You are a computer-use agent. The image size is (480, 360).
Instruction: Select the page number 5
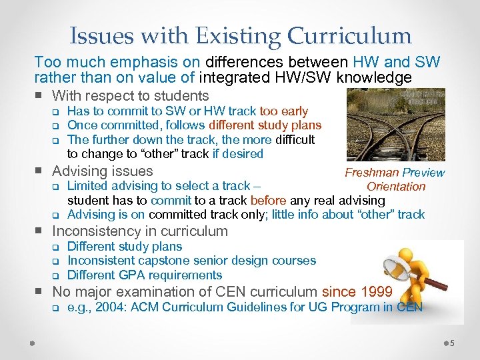[453, 343]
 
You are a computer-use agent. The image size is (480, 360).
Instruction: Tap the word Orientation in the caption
[396, 187]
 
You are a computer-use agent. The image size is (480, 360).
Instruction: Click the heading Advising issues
[102, 171]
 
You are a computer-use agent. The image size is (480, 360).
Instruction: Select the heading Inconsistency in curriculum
[140, 231]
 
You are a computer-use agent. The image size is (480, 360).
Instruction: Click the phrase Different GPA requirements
[145, 275]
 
